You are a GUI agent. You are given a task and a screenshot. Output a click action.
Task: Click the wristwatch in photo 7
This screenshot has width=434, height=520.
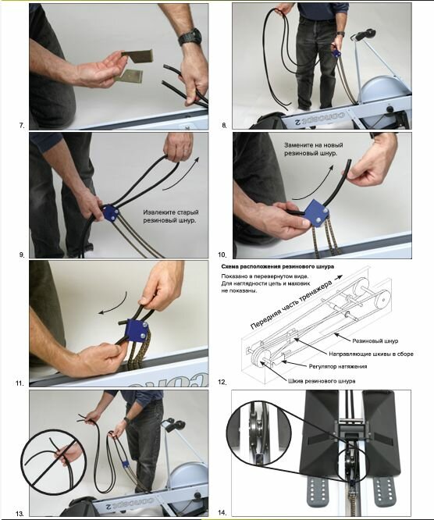(190, 37)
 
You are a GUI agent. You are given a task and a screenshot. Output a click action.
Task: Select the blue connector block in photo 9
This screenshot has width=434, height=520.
(110, 212)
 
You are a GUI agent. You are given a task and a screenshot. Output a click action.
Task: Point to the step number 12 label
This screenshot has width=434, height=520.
(222, 382)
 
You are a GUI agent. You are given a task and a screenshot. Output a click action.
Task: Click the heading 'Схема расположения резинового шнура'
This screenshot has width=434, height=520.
(278, 266)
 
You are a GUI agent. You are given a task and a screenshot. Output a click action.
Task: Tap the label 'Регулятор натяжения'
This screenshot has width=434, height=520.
(338, 366)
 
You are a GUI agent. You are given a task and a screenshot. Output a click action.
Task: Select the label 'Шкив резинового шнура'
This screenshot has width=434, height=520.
(322, 381)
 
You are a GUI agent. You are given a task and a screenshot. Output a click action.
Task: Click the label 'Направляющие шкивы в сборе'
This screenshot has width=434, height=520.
(371, 354)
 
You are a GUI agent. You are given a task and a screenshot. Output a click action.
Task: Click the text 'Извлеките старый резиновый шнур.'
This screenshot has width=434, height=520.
(171, 216)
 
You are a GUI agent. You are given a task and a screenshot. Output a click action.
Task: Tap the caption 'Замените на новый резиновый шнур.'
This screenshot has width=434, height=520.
(313, 149)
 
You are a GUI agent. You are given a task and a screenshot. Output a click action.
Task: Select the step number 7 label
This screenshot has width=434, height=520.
(22, 126)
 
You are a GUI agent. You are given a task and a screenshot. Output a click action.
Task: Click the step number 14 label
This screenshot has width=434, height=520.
(222, 513)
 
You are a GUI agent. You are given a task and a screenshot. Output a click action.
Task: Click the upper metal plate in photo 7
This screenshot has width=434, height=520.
(137, 56)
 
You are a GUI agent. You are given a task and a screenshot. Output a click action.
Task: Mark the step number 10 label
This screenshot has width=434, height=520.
(222, 255)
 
